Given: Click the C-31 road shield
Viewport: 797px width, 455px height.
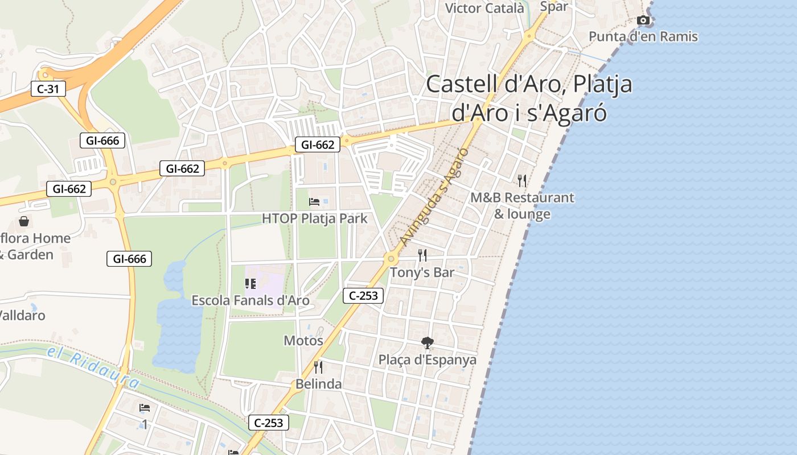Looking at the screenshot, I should click(x=48, y=89).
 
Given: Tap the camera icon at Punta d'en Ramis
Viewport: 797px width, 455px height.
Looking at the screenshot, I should click(x=643, y=20).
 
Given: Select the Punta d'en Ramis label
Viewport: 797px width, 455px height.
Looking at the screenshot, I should click(x=643, y=37).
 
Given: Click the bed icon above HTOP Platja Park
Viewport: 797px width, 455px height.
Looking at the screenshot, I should click(x=314, y=201).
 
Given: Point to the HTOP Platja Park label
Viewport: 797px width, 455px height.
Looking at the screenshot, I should click(x=314, y=218).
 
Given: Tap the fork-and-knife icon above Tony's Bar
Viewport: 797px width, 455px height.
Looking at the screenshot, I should click(x=422, y=255).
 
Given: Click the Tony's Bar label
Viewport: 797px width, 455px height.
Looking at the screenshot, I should click(x=422, y=272).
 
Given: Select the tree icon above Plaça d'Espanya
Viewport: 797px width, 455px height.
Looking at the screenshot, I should click(x=427, y=342).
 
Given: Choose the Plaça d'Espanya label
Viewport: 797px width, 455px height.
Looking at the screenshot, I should click(x=427, y=360).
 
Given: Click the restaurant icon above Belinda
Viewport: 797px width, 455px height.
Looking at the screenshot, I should click(x=318, y=367).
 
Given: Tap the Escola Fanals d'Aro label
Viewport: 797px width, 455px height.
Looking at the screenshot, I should click(x=250, y=300).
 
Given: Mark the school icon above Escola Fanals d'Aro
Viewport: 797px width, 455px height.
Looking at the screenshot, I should click(x=250, y=283).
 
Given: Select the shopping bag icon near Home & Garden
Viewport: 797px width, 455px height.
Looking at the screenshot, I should click(x=24, y=221).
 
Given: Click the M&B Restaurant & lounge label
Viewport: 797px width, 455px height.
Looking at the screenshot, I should click(x=522, y=205).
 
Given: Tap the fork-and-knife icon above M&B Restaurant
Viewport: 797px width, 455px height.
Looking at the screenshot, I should click(x=522, y=181).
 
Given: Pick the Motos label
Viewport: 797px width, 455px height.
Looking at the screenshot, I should click(x=303, y=341).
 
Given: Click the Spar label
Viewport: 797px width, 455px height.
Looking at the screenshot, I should click(x=553, y=7).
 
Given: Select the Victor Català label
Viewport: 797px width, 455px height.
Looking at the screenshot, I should click(x=484, y=8).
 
